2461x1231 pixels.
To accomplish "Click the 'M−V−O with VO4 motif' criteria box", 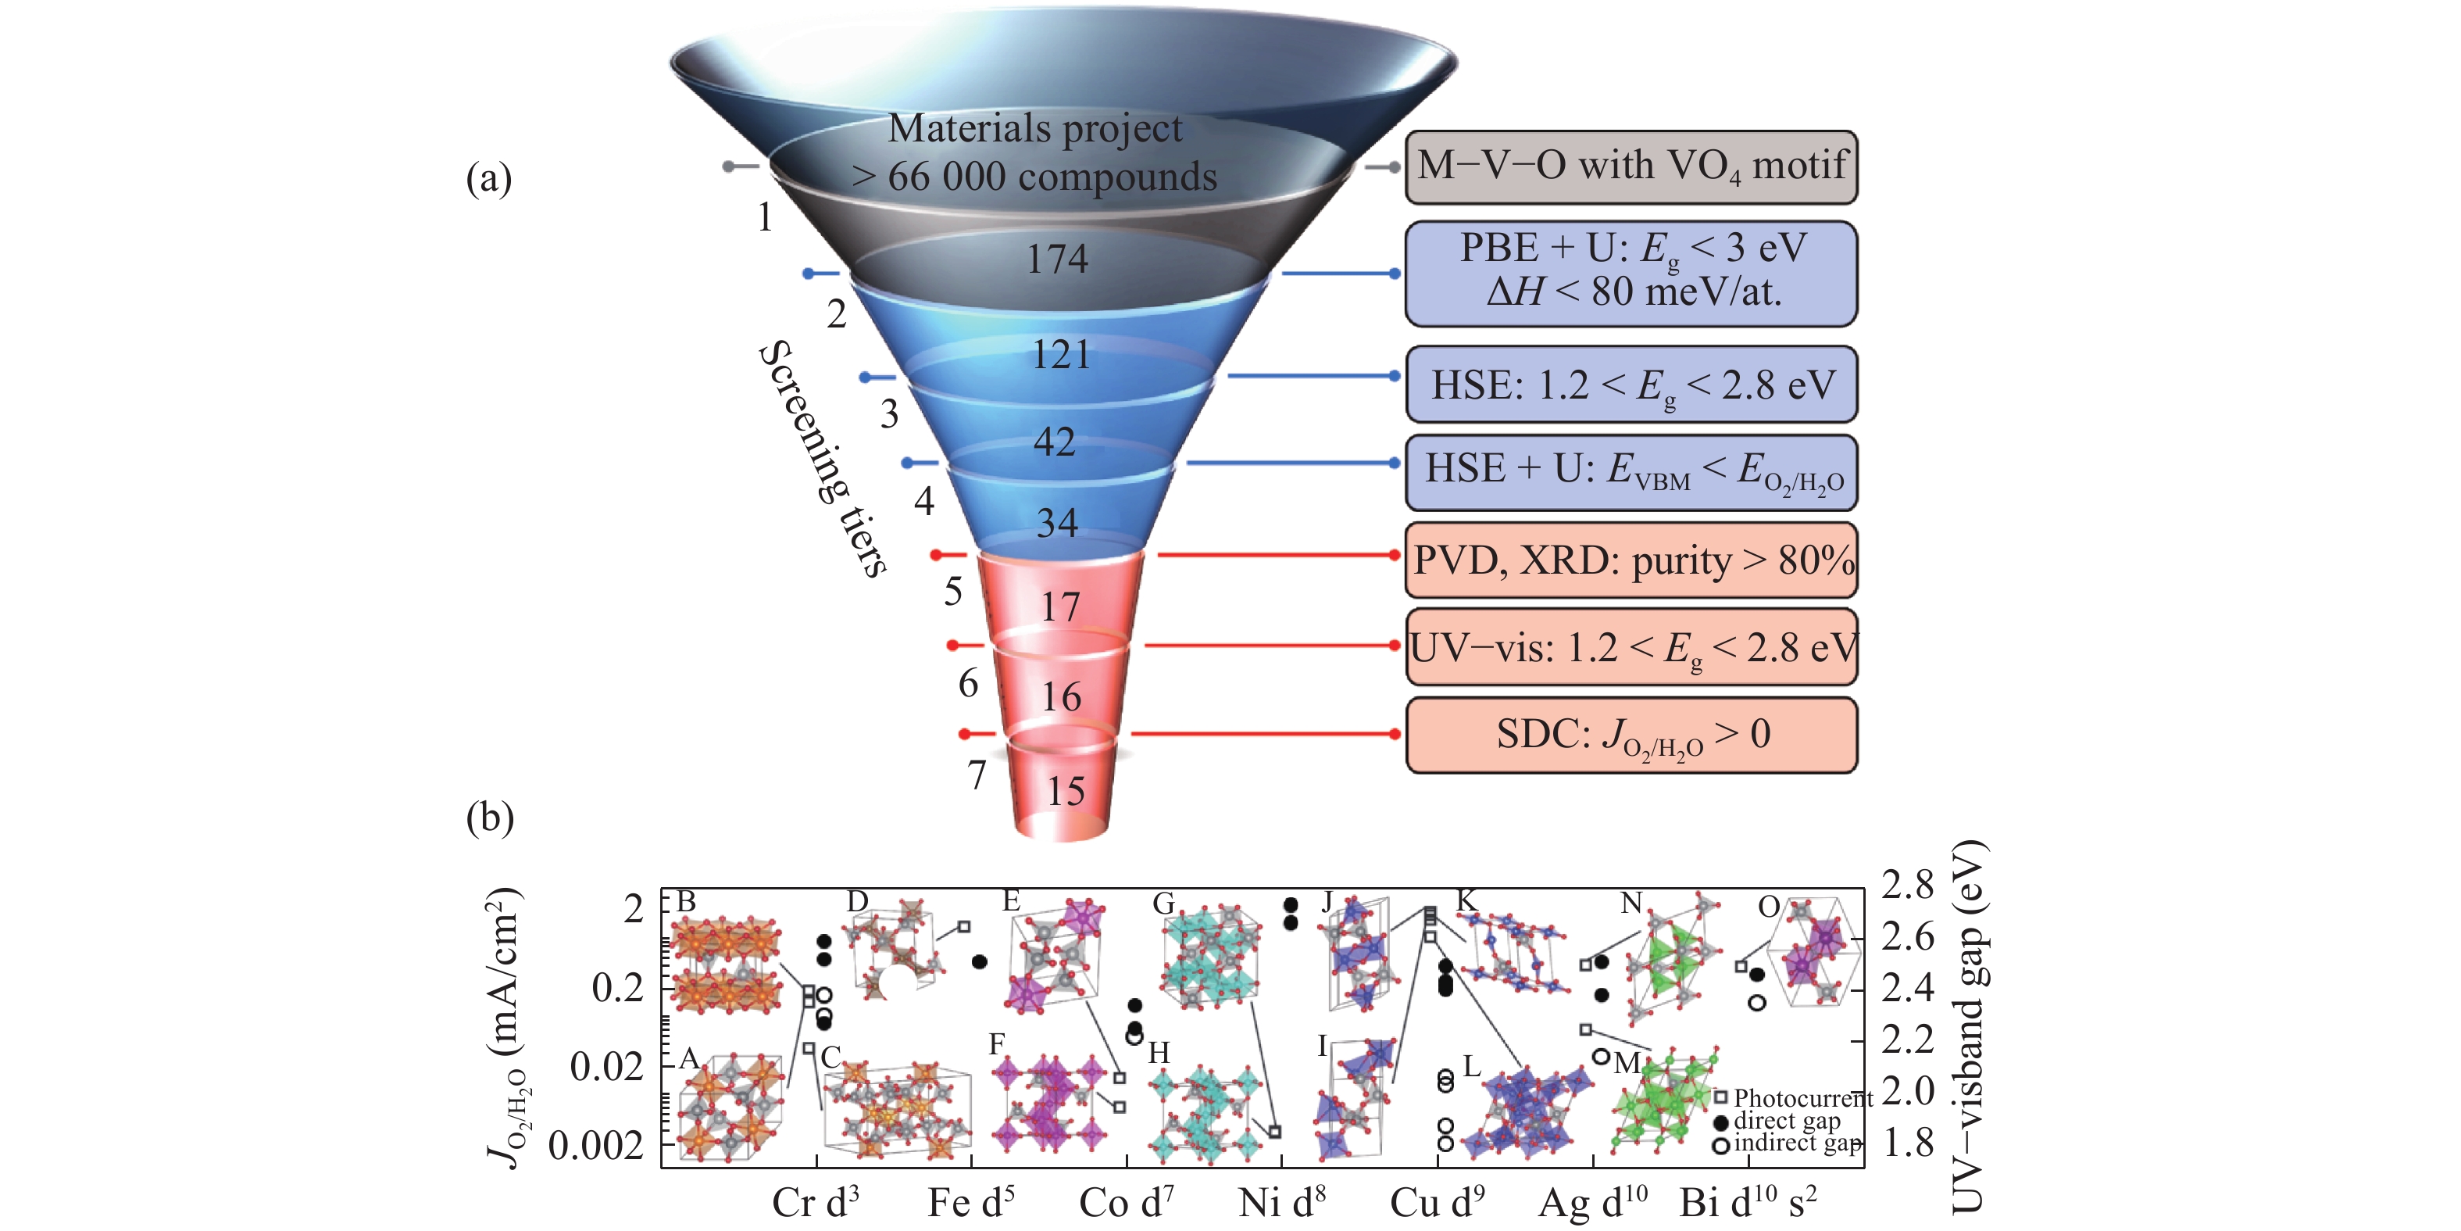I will point(1631,167).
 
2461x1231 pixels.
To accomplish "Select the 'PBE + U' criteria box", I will point(1631,273).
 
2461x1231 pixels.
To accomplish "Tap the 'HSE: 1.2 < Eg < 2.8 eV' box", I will point(1631,385).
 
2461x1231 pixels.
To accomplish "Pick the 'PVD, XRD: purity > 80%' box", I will point(1631,560).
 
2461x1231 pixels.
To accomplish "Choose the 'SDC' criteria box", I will point(1631,735).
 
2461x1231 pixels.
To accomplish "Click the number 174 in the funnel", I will point(1056,259).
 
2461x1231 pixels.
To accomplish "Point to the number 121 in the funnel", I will point(1060,356).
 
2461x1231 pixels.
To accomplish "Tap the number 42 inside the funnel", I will point(1055,442).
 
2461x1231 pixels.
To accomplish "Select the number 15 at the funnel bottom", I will point(1065,791).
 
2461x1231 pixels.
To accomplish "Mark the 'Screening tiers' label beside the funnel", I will point(823,459).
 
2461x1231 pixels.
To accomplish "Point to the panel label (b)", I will point(489,818).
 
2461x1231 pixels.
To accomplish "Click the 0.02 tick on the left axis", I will point(606,1067).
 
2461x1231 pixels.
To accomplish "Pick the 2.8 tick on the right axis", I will point(1907,885).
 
